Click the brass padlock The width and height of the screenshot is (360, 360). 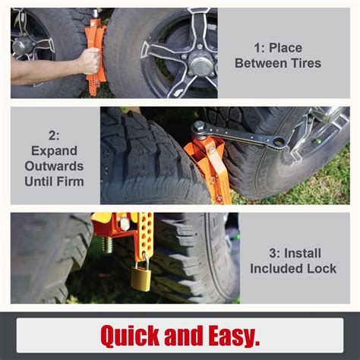[141, 276]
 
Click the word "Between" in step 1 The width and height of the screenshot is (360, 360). [261, 63]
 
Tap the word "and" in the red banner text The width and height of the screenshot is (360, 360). [181, 334]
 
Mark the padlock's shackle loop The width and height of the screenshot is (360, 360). [141, 260]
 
